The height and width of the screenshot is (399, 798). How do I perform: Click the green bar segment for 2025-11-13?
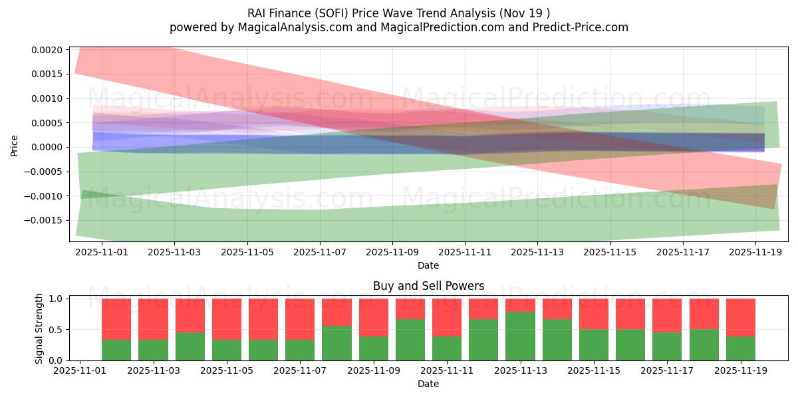click(x=520, y=336)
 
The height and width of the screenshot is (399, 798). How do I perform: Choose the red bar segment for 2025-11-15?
click(x=594, y=314)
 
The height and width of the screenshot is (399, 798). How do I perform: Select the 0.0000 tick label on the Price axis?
click(x=46, y=147)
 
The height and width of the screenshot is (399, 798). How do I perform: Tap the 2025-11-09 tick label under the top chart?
click(x=392, y=253)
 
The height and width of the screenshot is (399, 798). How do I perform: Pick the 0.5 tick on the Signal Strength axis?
click(x=56, y=330)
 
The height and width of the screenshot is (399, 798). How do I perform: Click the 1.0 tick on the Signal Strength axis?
click(x=56, y=299)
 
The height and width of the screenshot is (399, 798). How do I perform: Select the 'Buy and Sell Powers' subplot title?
click(x=428, y=286)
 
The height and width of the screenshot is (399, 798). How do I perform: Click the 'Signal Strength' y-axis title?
click(x=39, y=329)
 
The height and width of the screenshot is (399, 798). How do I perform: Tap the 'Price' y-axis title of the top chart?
click(x=15, y=144)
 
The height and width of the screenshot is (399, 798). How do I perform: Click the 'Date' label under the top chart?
click(x=428, y=265)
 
